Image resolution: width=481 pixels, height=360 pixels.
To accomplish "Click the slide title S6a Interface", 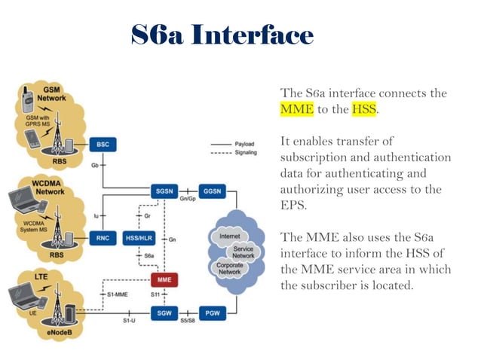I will coord(222,35).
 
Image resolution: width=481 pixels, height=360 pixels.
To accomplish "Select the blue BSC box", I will coord(102,143).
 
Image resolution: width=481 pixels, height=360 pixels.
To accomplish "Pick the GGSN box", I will coord(211,191).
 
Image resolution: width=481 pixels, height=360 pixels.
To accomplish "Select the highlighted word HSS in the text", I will coord(363,109).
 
